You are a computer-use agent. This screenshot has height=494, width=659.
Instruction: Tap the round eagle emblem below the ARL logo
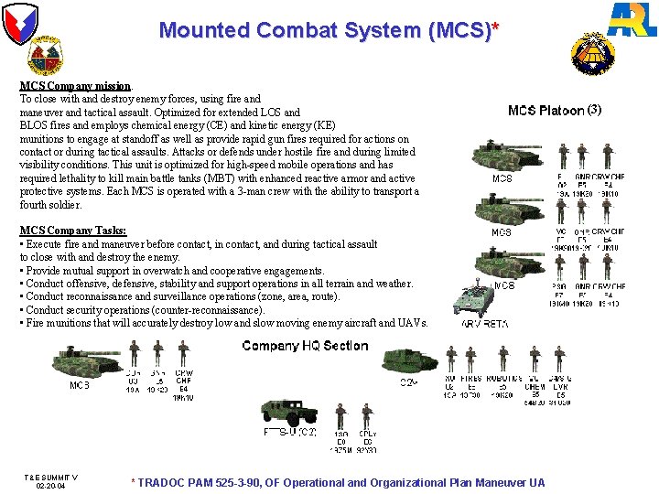click(593, 54)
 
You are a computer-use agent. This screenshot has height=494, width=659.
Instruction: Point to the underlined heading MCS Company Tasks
click(73, 231)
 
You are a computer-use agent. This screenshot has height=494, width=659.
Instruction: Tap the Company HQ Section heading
click(305, 346)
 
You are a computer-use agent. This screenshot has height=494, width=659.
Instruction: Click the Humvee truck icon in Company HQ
click(289, 413)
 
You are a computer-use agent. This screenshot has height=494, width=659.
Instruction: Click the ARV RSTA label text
click(485, 324)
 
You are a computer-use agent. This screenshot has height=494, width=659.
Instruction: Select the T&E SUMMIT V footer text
click(50, 478)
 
